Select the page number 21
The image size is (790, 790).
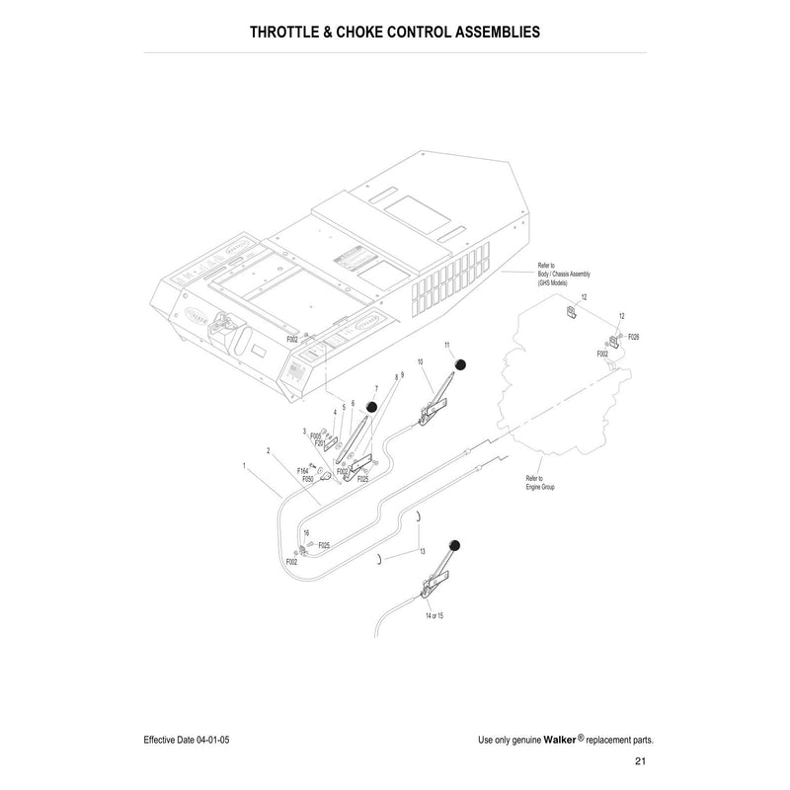click(640, 760)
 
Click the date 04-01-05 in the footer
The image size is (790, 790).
click(212, 739)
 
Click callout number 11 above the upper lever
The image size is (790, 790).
click(447, 345)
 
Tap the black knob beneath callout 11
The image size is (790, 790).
click(460, 366)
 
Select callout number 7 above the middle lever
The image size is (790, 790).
click(376, 389)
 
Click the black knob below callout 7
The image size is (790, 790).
click(372, 407)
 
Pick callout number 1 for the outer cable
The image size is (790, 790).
click(243, 464)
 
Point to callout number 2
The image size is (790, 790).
click(268, 451)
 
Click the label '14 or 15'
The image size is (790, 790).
click(434, 615)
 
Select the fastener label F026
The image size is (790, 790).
click(633, 337)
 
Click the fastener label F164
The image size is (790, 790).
click(303, 471)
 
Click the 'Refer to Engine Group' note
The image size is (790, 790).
click(540, 483)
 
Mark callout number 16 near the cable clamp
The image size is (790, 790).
click(306, 532)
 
